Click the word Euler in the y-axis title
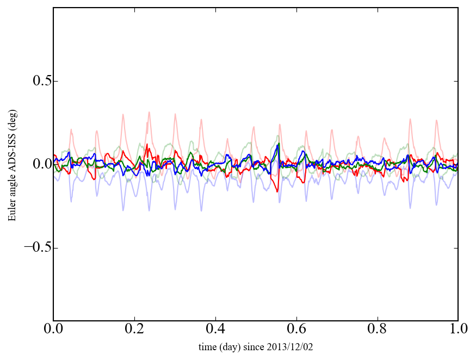pos(11,212)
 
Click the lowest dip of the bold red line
pos(277,191)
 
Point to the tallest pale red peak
pos(149,113)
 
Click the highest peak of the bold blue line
pos(278,144)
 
